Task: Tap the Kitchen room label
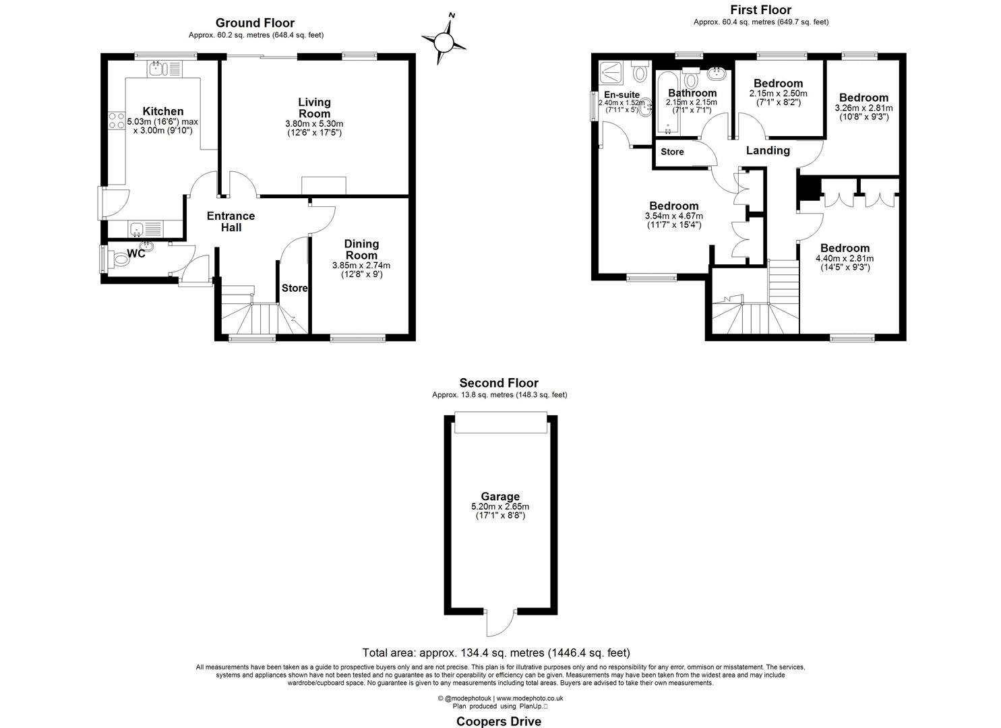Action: (163, 111)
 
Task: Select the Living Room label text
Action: (315, 108)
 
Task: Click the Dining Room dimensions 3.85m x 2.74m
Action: (361, 266)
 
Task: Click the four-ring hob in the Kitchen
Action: (117, 121)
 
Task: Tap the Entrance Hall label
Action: (231, 222)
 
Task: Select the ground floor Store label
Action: (295, 289)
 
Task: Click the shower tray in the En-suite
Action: (611, 73)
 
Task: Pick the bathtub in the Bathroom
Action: (667, 102)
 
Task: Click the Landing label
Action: (768, 150)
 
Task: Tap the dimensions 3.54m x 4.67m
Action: (674, 216)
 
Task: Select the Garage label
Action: (500, 497)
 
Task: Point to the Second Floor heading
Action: (499, 383)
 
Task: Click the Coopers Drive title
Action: (499, 721)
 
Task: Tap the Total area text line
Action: (496, 653)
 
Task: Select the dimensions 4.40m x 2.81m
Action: (845, 258)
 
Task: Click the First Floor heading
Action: (760, 10)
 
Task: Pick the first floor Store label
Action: (672, 152)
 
